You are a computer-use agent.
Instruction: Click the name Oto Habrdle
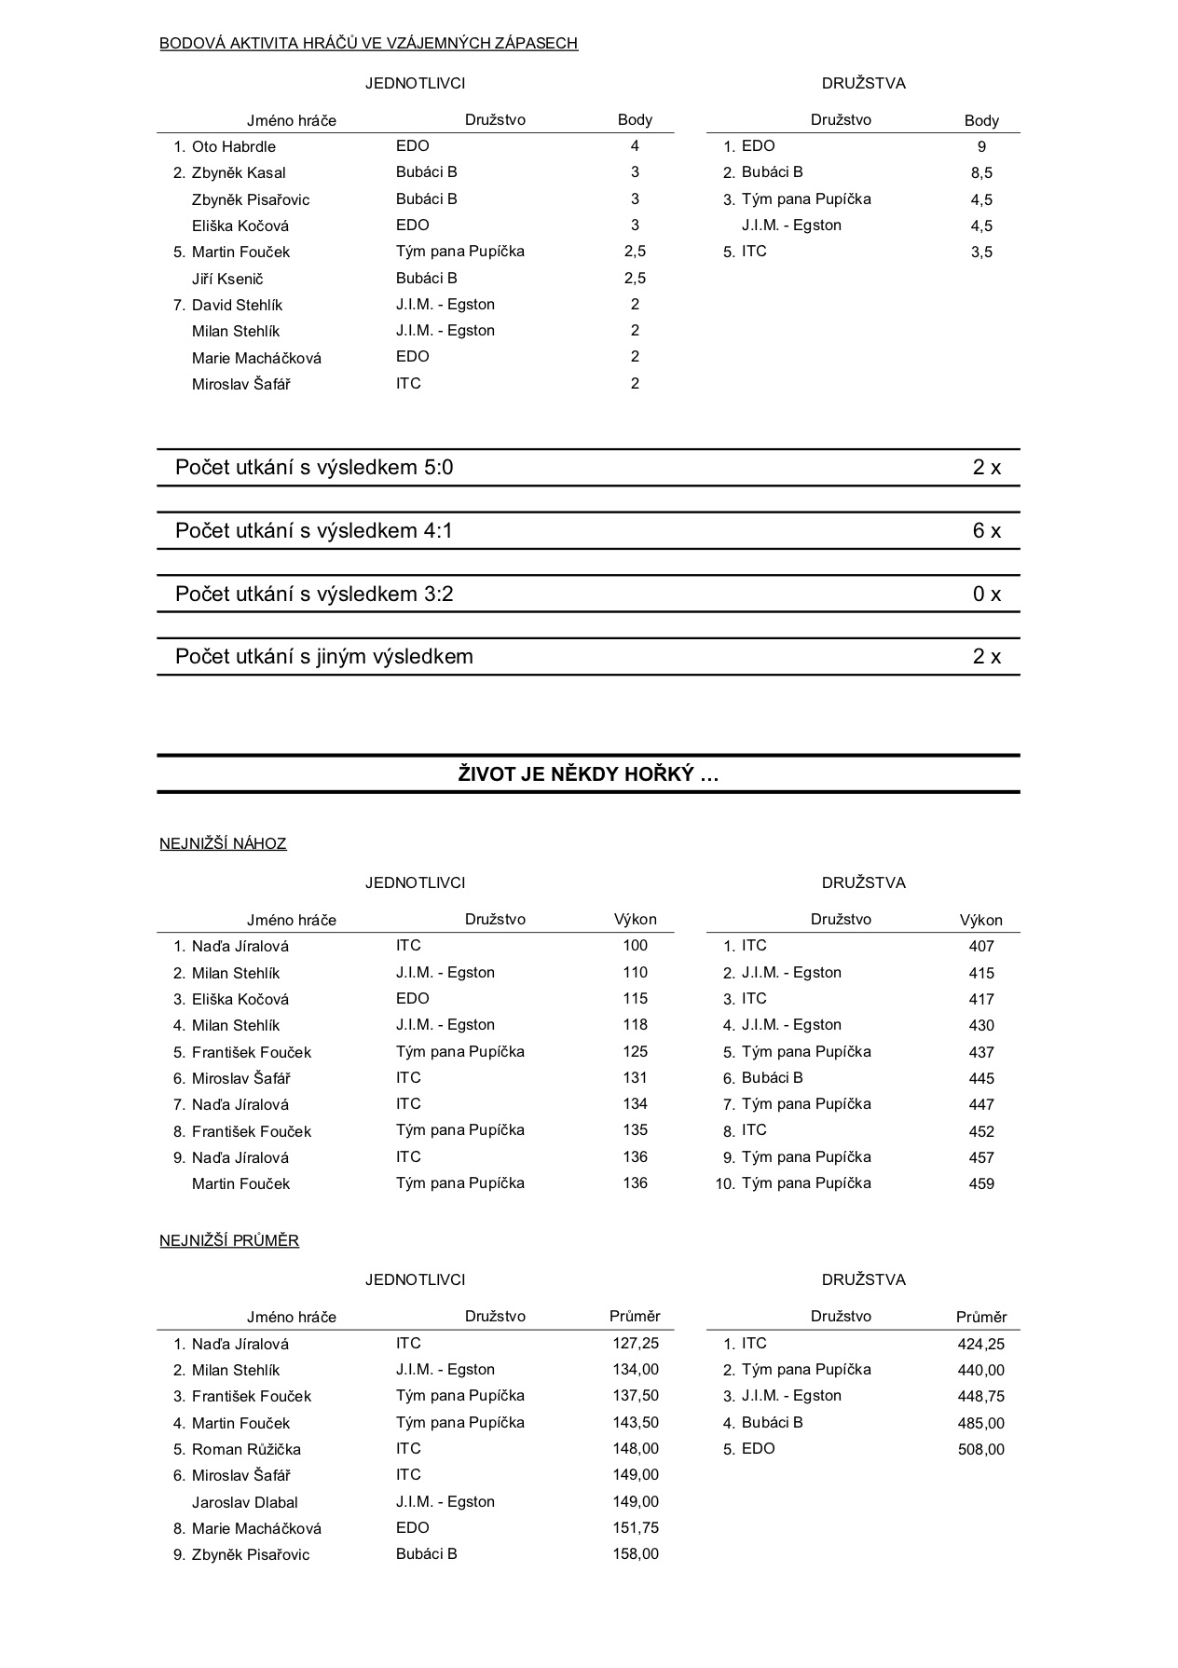point(233,146)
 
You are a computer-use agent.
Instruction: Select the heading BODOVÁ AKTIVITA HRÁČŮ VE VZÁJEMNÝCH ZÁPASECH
point(368,43)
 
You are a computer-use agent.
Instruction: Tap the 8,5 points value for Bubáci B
point(981,173)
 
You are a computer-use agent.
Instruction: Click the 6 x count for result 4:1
point(986,531)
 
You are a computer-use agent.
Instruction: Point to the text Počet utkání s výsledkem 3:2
point(314,595)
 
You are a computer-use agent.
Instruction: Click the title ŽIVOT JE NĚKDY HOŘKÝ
point(588,774)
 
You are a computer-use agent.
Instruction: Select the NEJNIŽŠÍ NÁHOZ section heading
point(223,844)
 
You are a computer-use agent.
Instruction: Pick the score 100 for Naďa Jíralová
point(635,946)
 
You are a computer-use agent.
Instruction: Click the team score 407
point(981,947)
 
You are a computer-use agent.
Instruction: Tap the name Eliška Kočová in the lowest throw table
point(240,999)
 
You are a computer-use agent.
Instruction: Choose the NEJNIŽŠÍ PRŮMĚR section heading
point(229,1241)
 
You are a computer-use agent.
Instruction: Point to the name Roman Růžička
point(246,1449)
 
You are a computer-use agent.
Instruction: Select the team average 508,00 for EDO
point(981,1450)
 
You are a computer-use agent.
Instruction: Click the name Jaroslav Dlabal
point(244,1502)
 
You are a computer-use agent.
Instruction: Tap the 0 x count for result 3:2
point(986,595)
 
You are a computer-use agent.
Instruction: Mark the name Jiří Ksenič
point(228,279)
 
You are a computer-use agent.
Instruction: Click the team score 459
point(981,1184)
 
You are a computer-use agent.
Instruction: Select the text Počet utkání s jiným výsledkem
point(324,657)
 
